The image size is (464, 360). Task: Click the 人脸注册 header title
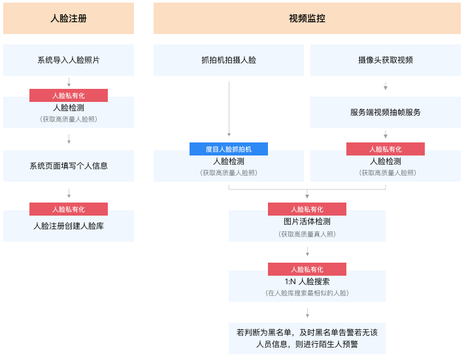[x=69, y=18]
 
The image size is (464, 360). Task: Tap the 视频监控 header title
[x=307, y=18]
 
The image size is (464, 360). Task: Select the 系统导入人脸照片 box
[x=69, y=60]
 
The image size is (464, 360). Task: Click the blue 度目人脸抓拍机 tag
[x=229, y=149]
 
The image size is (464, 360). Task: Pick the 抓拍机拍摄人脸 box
[x=229, y=60]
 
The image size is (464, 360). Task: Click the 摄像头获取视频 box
[x=386, y=60]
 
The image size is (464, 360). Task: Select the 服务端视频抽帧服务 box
[x=386, y=112]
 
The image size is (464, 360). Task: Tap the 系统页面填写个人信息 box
[x=69, y=166]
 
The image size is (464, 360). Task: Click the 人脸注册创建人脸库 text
[x=69, y=226]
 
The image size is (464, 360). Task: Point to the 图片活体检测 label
[x=307, y=221]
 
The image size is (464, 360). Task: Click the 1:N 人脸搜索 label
[x=307, y=282]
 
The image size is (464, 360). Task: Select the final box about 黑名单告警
[x=307, y=338]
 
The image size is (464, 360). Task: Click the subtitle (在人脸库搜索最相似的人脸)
[x=307, y=293]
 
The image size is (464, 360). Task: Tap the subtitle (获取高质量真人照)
[x=307, y=235]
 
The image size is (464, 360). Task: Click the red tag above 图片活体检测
[x=307, y=209]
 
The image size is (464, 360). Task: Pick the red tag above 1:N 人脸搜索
[x=307, y=269]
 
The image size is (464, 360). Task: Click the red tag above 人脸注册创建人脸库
[x=69, y=209]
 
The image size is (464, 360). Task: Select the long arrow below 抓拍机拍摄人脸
[x=229, y=109]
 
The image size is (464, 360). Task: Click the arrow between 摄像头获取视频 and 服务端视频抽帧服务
[x=386, y=86]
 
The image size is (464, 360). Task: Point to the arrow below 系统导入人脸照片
[x=69, y=82]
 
